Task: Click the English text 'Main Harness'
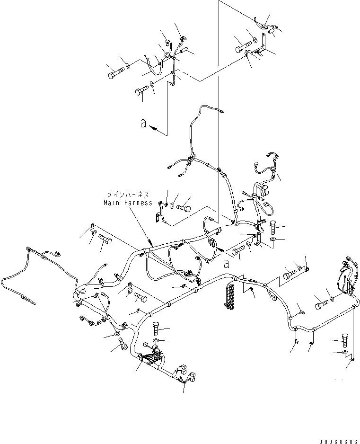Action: coord(128,203)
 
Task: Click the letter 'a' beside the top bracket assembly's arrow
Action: coord(143,124)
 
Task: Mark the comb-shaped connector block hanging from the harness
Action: coord(232,295)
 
